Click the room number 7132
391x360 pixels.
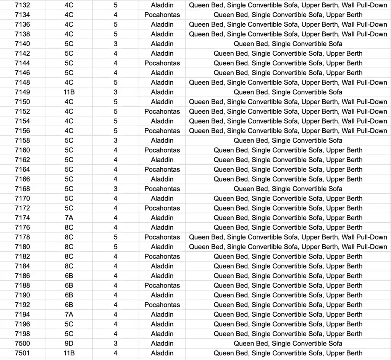[23, 5]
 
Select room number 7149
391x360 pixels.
[23, 92]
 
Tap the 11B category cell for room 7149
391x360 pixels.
[69, 92]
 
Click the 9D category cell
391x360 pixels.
[69, 344]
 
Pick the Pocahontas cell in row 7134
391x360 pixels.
[162, 15]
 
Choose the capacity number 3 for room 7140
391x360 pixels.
[116, 44]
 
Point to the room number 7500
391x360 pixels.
[23, 344]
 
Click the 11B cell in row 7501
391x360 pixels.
[69, 353]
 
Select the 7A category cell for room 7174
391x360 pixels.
[69, 218]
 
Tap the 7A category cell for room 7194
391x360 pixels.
[69, 315]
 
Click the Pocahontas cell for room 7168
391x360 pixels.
[162, 189]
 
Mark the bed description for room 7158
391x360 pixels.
[288, 140]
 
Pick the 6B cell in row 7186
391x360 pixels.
[69, 276]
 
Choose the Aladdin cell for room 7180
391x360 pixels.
[162, 247]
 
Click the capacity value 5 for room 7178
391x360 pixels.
[116, 237]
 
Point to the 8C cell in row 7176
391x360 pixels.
[69, 228]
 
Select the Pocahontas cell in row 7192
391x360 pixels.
[162, 305]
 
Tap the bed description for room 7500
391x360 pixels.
[288, 344]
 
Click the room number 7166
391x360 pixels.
[23, 179]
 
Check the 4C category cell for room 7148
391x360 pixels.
[69, 82]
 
